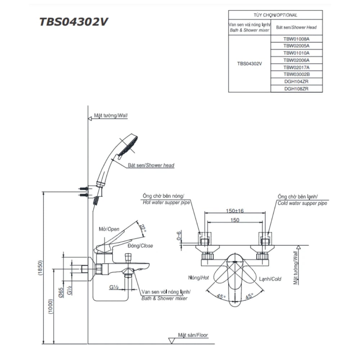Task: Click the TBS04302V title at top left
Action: coord(73,22)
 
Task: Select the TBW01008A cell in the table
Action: coord(296,39)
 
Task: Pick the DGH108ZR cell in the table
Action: coord(296,89)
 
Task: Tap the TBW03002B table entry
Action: coord(296,74)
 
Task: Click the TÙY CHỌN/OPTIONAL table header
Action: coord(275,15)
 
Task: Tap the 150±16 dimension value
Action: coord(235,211)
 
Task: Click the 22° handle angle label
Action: coord(143,229)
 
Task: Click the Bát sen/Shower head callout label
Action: coord(151,166)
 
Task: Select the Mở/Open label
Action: coord(109,229)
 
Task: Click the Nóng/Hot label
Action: coord(198,278)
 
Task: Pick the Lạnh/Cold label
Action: coord(270,279)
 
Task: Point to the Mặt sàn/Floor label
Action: coord(193,335)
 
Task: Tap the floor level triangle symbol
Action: coord(172,340)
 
